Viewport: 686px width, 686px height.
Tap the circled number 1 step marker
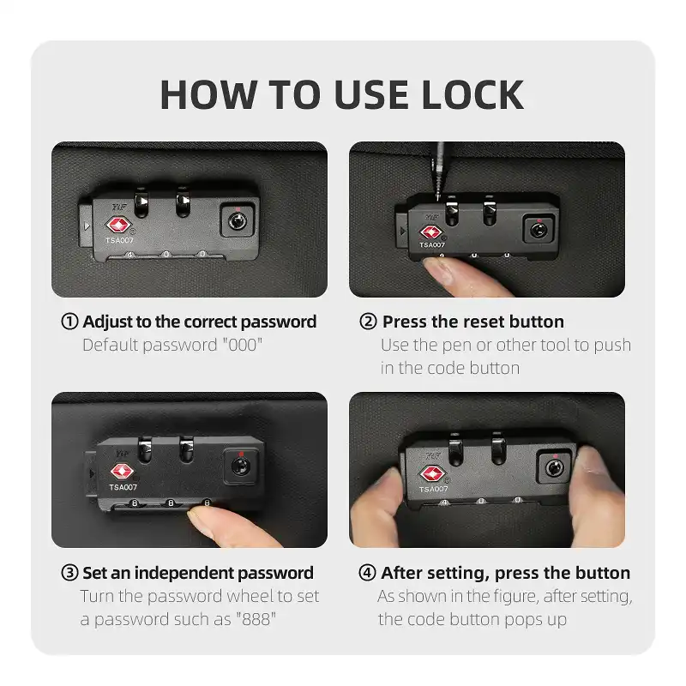[69, 322]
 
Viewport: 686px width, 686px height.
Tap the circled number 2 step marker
[368, 322]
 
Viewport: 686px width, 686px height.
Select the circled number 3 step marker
[69, 573]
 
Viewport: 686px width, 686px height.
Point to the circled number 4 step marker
[367, 573]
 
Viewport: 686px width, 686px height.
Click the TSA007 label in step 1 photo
[121, 241]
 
